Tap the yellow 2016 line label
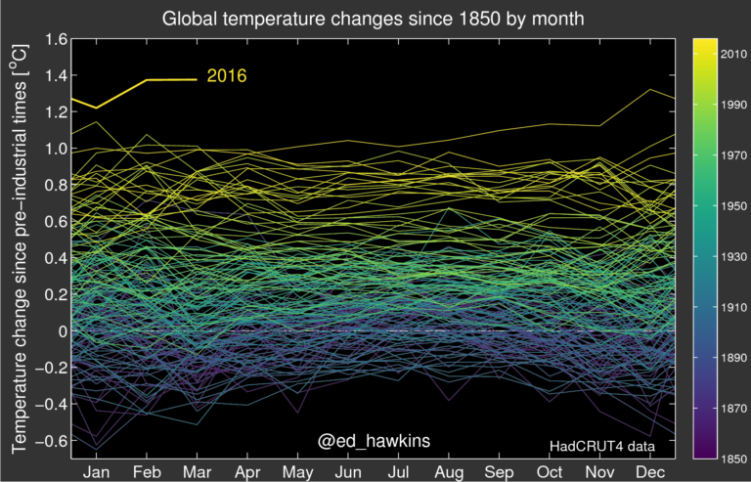tap(227, 76)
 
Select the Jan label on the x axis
tap(97, 470)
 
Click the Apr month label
tap(247, 470)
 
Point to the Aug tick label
tap(448, 470)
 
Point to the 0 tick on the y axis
tap(62, 331)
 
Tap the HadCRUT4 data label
tap(599, 447)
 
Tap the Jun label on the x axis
tap(347, 470)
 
